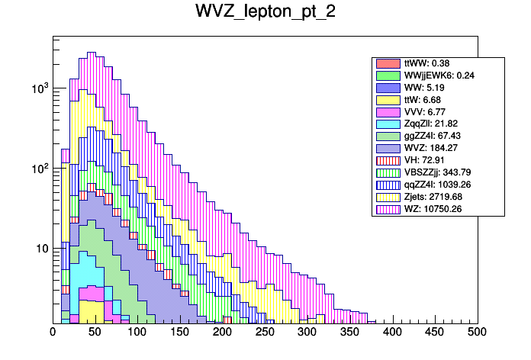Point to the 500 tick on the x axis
point(477,333)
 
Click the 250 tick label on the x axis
point(265,333)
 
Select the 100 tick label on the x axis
point(137,333)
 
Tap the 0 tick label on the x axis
point(53,333)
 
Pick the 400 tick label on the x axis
point(392,333)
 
